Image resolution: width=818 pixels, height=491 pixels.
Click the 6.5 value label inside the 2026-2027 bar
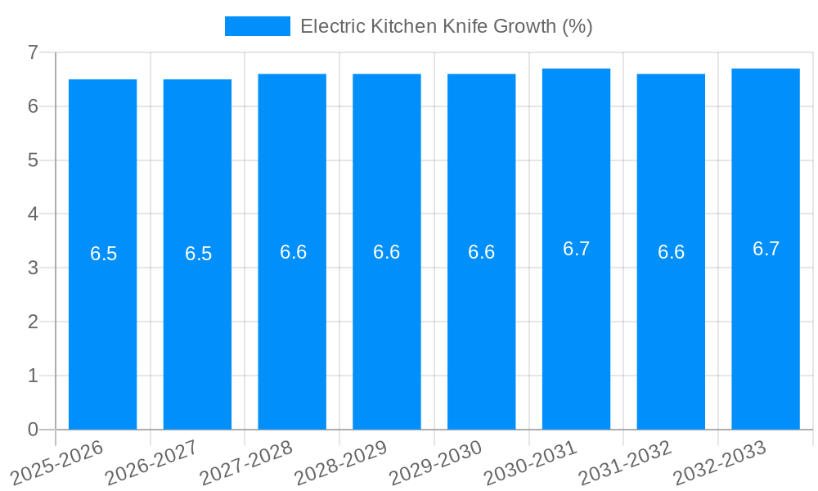click(x=198, y=254)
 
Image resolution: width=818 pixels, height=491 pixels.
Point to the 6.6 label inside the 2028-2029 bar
click(x=386, y=252)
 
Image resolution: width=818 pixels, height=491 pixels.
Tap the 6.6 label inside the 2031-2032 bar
click(x=671, y=252)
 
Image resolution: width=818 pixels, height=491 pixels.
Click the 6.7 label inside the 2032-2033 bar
click(x=766, y=249)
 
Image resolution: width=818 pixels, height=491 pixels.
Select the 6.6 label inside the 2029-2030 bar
click(x=481, y=252)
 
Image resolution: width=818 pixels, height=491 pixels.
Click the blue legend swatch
click(x=257, y=26)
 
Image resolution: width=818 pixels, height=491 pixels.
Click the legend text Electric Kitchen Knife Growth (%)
click(x=446, y=26)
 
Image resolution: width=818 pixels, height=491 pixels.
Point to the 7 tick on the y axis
click(x=33, y=52)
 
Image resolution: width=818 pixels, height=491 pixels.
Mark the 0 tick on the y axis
click(x=33, y=429)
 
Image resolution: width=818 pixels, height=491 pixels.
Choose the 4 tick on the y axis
click(x=33, y=214)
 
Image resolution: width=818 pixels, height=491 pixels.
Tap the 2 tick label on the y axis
click(x=33, y=322)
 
